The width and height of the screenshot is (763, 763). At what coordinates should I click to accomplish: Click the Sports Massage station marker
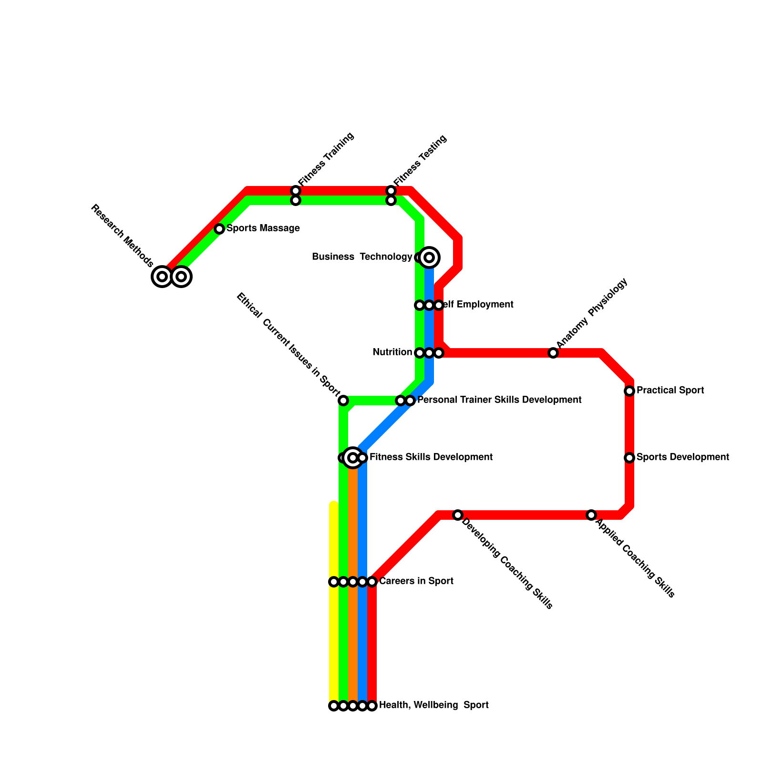coord(219,229)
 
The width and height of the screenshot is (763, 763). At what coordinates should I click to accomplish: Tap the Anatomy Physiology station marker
coord(553,353)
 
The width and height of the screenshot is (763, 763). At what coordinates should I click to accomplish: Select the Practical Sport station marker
coord(629,391)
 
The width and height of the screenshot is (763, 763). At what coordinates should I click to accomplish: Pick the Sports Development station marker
coord(629,458)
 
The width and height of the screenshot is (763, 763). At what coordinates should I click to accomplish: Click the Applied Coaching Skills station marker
coord(591,515)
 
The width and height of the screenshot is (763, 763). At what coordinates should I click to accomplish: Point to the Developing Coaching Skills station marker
coord(458,515)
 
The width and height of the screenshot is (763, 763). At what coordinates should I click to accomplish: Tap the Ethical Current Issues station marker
coord(343,401)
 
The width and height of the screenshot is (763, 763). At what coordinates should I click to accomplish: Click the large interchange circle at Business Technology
coord(429,258)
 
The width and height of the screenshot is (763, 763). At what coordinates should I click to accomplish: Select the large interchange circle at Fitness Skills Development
coord(353,458)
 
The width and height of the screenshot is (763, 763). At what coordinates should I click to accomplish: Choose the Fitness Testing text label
coord(420,160)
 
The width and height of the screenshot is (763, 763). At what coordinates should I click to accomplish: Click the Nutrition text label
coord(392,352)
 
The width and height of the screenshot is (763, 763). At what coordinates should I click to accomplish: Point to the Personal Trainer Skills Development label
coord(499,400)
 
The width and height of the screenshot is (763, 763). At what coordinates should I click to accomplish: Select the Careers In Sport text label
coord(416,581)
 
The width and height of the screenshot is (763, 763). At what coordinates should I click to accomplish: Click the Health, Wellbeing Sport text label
coord(433,705)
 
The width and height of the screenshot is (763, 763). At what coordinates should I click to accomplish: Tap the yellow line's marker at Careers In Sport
coord(334,582)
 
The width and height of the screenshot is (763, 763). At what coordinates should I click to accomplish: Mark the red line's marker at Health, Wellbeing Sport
coord(372,706)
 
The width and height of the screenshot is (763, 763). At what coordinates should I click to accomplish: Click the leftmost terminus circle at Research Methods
coord(162,277)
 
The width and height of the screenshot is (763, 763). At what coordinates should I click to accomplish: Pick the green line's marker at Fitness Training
coord(296,201)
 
